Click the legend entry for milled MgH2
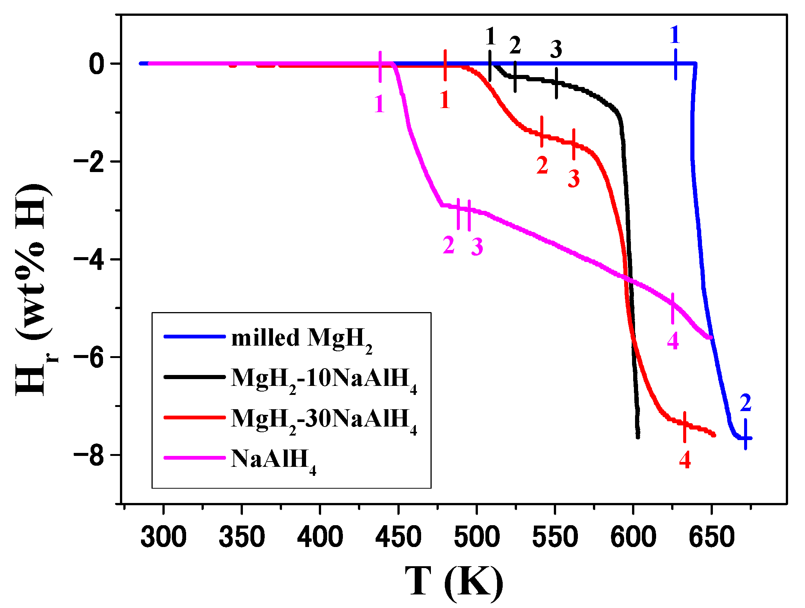point(301,338)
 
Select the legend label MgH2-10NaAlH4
point(323,378)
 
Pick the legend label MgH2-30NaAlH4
point(323,419)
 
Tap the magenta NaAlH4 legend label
point(273,459)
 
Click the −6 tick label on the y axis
point(89,358)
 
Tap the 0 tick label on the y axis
point(97,64)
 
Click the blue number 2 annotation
point(745,403)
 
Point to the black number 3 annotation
point(556,49)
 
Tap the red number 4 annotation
point(685,460)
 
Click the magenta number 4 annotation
point(673,341)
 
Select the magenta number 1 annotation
point(379,104)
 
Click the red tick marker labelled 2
point(542,132)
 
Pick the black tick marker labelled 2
point(515,76)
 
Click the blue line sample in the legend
point(195,336)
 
